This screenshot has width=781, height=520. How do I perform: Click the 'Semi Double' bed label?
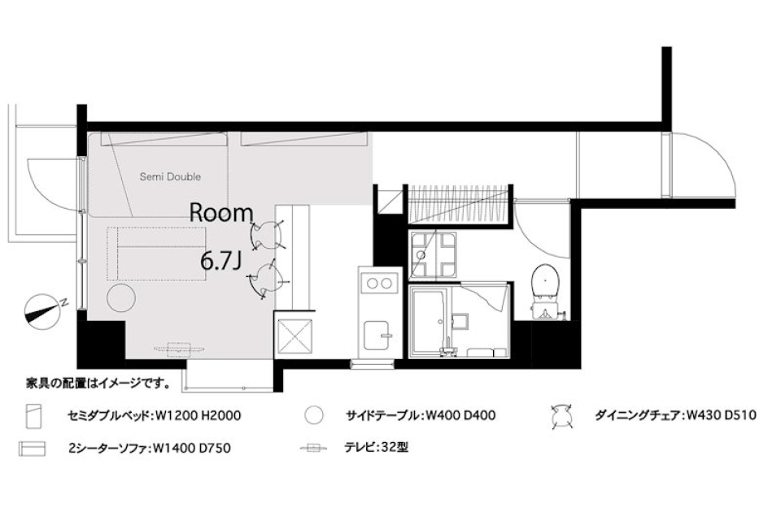coord(170,176)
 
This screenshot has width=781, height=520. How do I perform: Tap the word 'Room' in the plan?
coord(221,213)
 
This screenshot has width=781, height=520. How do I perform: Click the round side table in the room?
coord(123,297)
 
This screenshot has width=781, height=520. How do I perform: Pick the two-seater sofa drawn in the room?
coord(156,253)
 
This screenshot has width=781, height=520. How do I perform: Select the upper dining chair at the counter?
coord(264,236)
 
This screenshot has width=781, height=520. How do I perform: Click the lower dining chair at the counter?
coord(264,279)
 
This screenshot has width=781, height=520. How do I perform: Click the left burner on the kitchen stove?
coord(373,284)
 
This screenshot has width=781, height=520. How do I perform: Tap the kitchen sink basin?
coord(377,334)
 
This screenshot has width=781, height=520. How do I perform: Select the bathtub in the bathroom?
coord(429,321)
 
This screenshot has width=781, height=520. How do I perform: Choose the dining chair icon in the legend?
coord(561,415)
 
